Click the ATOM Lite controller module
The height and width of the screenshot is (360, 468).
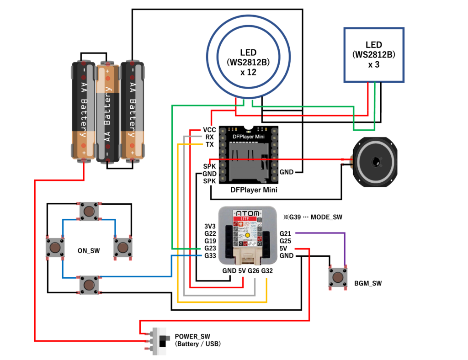tap(247, 235)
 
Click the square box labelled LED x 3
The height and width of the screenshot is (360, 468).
tap(374, 55)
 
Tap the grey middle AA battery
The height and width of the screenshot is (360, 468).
tap(107, 112)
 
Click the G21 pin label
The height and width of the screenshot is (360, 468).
tap(286, 233)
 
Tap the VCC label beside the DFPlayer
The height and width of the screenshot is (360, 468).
tap(209, 130)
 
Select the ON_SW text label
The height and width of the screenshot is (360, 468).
tap(89, 250)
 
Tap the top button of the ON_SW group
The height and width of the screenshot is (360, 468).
tap(88, 211)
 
